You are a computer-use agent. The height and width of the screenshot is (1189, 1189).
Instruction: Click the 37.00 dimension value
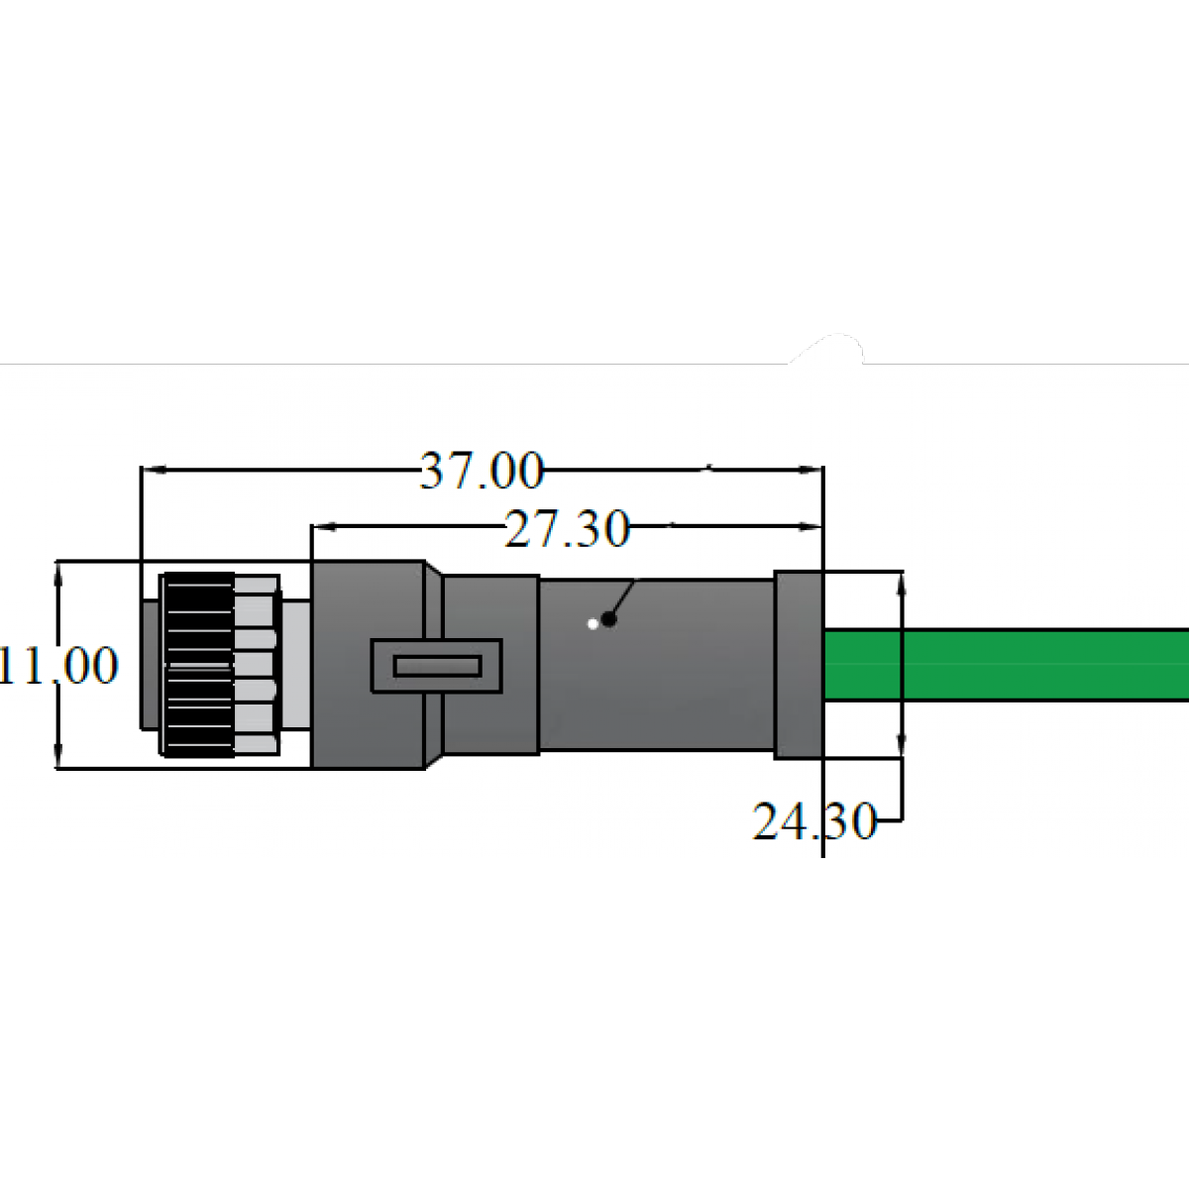point(482,471)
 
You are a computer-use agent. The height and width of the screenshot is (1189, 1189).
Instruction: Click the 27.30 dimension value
point(567,528)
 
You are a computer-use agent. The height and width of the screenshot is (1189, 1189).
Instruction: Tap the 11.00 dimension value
point(58,665)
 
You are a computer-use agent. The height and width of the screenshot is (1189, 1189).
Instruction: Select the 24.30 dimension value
point(814,820)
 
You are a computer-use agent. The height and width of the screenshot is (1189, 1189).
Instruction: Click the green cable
point(1007,665)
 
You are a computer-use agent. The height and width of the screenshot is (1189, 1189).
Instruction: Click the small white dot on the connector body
point(593,624)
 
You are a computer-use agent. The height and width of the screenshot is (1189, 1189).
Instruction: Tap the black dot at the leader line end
point(609,619)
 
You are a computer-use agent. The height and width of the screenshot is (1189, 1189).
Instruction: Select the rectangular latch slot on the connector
point(436,666)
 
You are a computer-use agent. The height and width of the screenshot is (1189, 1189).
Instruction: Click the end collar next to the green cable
point(799,665)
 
